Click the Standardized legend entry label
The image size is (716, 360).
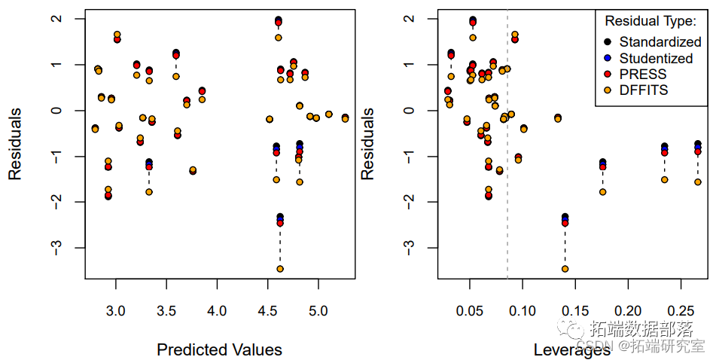click(x=660, y=42)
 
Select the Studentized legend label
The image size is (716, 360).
click(x=656, y=58)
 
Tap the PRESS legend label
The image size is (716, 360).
click(x=643, y=74)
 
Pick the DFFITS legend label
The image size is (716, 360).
click(x=644, y=90)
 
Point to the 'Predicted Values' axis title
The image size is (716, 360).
click(x=219, y=349)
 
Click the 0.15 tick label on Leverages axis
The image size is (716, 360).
click(x=575, y=310)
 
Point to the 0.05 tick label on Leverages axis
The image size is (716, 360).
click(x=470, y=310)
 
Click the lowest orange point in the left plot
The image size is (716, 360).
click(x=280, y=269)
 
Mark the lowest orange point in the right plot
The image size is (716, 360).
click(x=565, y=269)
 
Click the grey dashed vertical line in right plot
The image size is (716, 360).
click(x=507, y=188)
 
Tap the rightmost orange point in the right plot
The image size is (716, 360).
click(x=698, y=182)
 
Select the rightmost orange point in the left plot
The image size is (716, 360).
click(x=345, y=118)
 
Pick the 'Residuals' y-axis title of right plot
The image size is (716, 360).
click(x=368, y=143)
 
